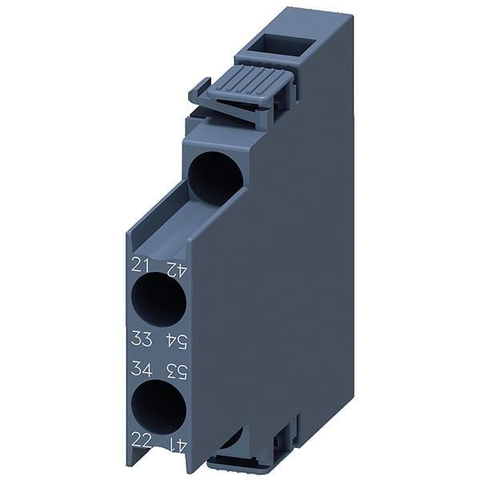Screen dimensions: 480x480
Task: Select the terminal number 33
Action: [x=141, y=340]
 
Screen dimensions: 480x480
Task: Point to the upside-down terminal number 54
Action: [x=175, y=341]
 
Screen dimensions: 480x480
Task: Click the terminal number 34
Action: [x=141, y=370]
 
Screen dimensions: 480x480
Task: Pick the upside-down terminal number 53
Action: [x=175, y=370]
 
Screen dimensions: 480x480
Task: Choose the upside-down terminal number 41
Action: [x=175, y=441]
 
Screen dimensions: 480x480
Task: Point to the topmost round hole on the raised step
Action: [x=215, y=177]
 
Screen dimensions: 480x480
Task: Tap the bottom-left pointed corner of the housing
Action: [x=128, y=464]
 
